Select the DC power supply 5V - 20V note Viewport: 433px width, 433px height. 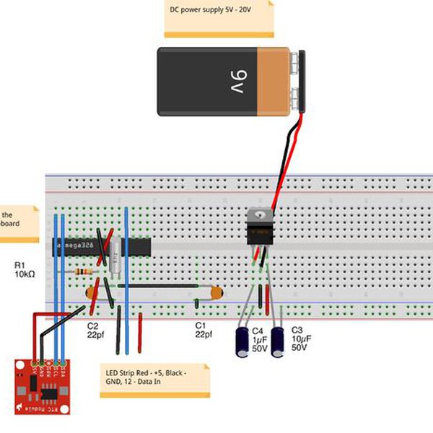click(x=219, y=17)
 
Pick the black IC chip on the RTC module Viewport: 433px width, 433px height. click(x=49, y=393)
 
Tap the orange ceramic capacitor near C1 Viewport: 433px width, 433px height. click(x=214, y=294)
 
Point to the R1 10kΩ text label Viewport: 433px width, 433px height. click(x=25, y=271)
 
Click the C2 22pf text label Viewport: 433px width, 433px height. click(x=96, y=331)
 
